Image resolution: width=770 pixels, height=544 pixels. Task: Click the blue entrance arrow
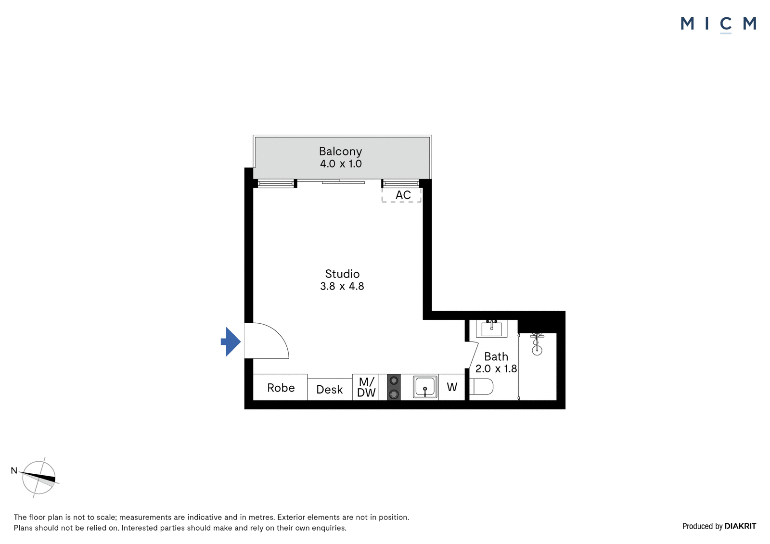point(231,342)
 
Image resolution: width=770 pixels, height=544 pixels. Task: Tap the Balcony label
point(340,152)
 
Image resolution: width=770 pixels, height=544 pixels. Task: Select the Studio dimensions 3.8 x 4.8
point(342,286)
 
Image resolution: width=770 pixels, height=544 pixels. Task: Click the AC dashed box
point(401,195)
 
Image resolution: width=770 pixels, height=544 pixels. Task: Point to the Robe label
point(281,388)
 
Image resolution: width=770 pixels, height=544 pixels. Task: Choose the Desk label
point(329,390)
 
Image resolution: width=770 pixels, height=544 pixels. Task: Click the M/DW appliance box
point(366,387)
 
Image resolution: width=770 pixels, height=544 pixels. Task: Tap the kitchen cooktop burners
point(394,387)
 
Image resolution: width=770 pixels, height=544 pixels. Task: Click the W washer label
point(452,387)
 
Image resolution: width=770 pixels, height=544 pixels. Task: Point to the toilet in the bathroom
point(481,387)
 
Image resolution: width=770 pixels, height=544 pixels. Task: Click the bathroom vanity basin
point(491,329)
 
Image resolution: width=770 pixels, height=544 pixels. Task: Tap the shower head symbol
point(537,344)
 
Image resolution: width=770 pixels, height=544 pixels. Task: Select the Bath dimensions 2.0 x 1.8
point(496,369)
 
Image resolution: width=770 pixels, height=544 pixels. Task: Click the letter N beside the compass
point(14,470)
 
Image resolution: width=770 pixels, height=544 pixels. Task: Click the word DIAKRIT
point(740,527)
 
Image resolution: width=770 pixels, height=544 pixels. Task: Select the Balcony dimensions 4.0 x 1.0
point(341,164)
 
